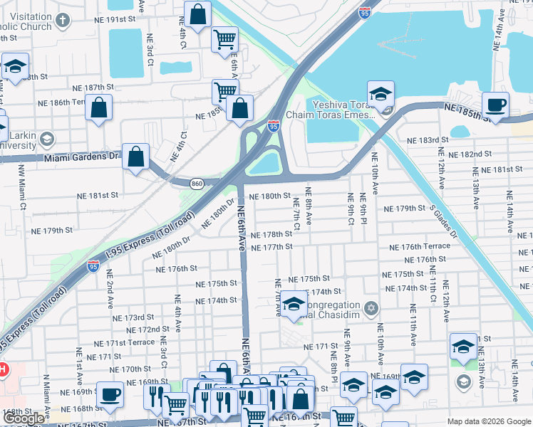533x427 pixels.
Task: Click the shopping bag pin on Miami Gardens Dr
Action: coord(135,157)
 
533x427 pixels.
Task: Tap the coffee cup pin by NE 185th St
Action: coord(496,105)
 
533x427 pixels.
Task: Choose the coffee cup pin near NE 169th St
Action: coord(110,394)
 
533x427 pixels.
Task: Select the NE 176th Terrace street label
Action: coord(420,246)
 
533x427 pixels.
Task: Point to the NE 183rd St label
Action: coord(424,140)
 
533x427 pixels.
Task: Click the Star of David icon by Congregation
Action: coord(369,308)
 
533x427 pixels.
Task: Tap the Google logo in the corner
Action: coord(24,418)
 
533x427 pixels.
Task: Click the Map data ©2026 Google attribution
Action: coord(489,421)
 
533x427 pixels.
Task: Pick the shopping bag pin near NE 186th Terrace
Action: coord(100,109)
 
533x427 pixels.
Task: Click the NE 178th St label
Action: coord(272,234)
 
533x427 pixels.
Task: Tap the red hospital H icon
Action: coord(3,370)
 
